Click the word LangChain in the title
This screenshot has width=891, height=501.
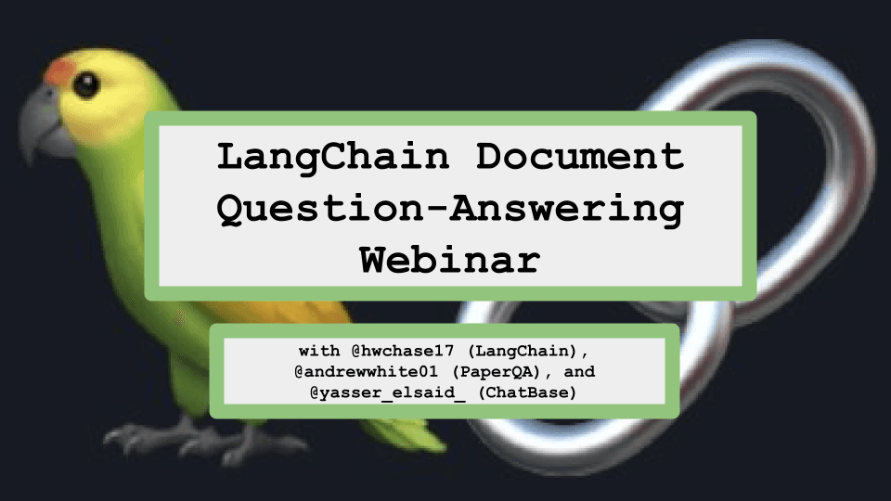tap(333, 157)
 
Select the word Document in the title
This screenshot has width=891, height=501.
tap(579, 156)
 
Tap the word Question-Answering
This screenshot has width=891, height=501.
tap(450, 209)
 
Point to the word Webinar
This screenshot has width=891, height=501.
tap(450, 260)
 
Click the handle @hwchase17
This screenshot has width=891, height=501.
tap(402, 351)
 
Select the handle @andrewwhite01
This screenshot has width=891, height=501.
tap(366, 372)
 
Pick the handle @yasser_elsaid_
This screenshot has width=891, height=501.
tap(387, 393)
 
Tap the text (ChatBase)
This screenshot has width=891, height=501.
tap(527, 393)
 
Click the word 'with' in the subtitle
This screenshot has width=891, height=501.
tap(319, 351)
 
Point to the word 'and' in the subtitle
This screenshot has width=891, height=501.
tap(579, 372)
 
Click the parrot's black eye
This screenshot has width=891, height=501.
tap(86, 85)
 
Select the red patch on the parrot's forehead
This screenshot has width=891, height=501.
tap(59, 72)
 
